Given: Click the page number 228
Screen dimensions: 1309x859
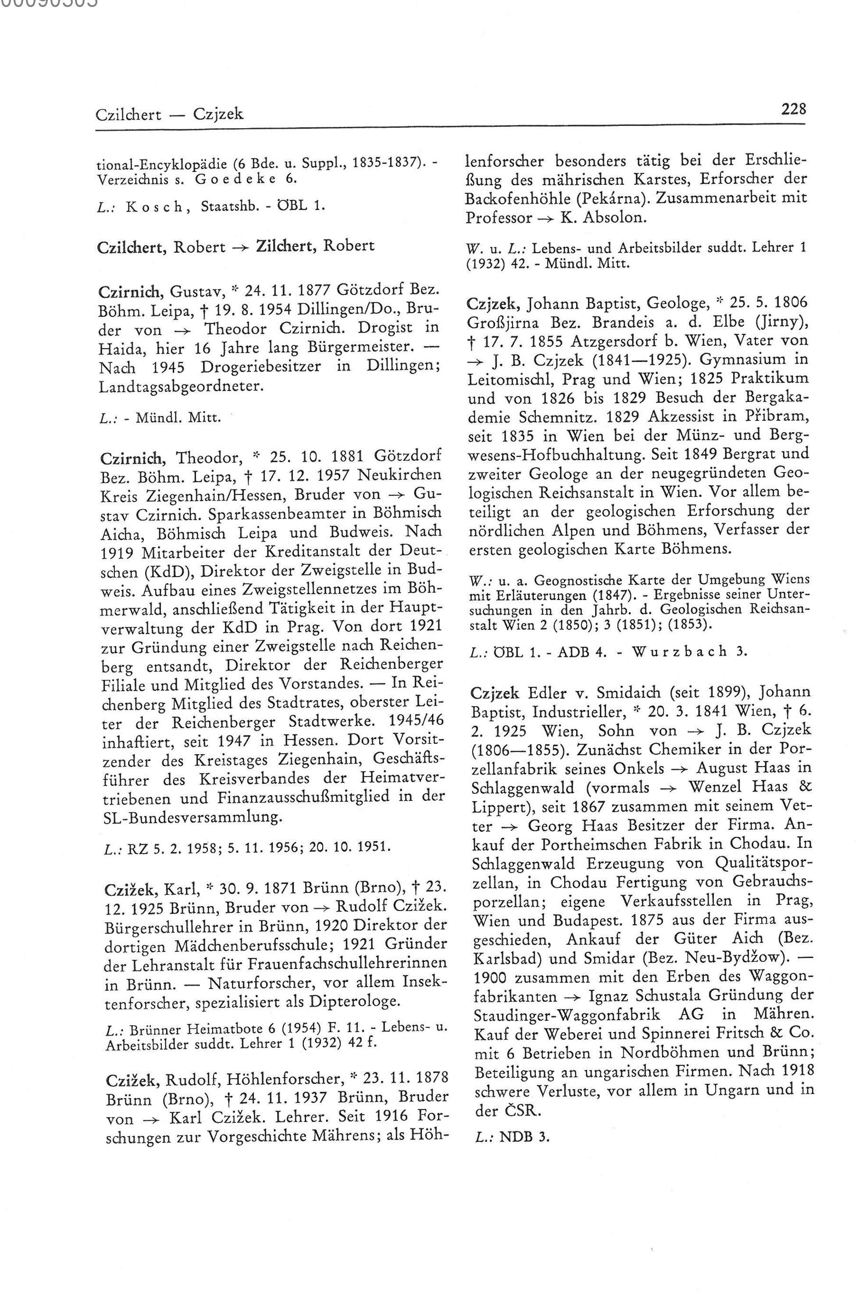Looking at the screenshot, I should pyautogui.click(x=793, y=108).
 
